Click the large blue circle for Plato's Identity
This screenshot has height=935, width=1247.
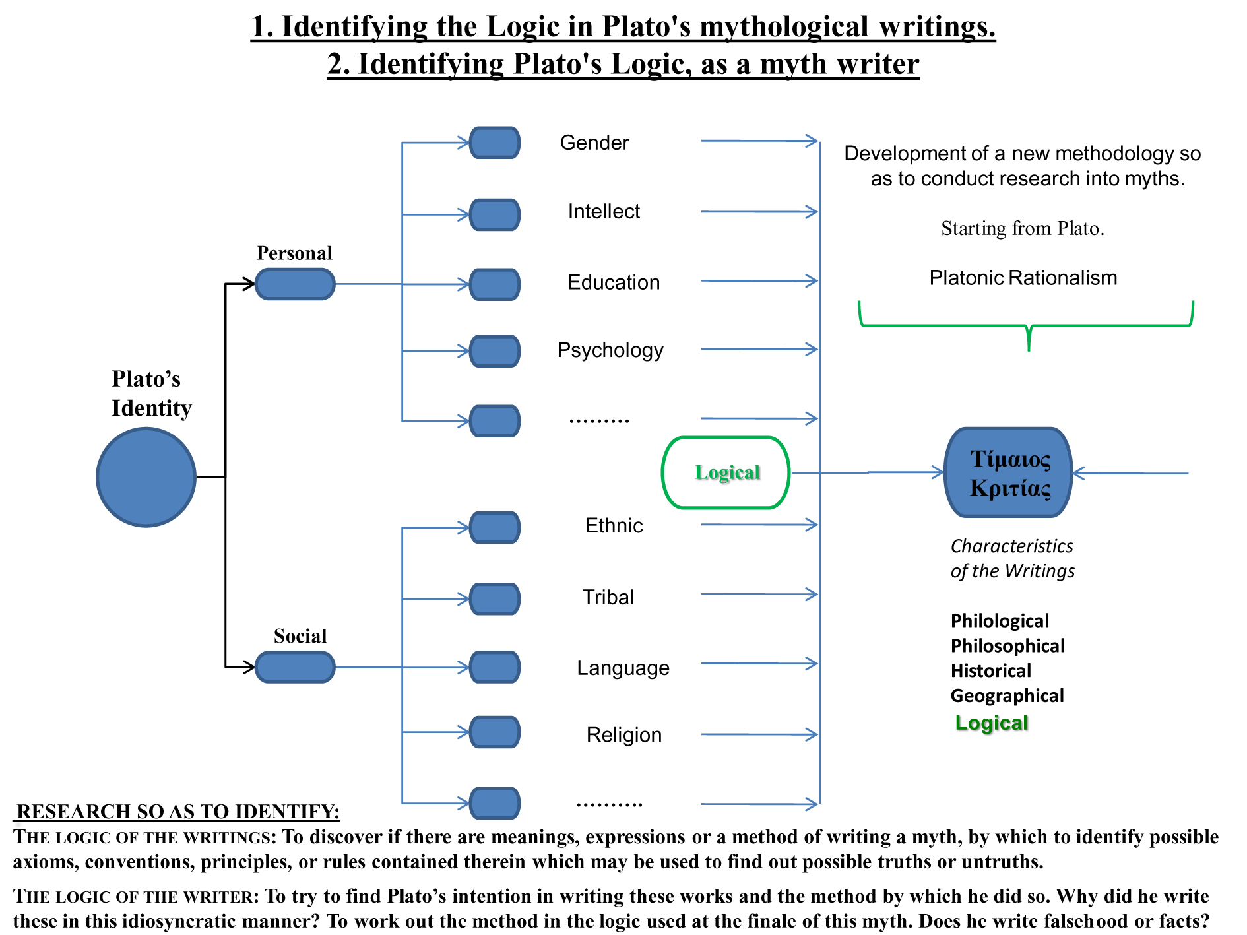(x=146, y=477)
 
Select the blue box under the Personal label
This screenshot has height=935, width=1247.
(x=295, y=284)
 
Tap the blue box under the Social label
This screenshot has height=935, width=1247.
(x=295, y=667)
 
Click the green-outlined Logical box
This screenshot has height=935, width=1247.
(x=726, y=472)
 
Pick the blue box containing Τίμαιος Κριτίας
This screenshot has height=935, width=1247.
(x=1009, y=472)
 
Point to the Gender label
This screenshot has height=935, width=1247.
(x=594, y=143)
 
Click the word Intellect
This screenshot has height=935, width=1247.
(x=604, y=211)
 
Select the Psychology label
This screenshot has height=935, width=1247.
(x=610, y=350)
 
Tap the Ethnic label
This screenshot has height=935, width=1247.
(x=614, y=525)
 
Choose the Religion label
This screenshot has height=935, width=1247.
(x=623, y=734)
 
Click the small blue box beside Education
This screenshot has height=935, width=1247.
(x=495, y=284)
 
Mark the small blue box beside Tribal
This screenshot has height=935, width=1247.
(x=495, y=598)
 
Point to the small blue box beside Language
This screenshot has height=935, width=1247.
(x=495, y=667)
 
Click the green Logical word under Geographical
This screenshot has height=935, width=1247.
(x=991, y=723)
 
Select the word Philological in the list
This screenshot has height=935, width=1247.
(x=1000, y=621)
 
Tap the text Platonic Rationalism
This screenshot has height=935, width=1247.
(x=1023, y=278)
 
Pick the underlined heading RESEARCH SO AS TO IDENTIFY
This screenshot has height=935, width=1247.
(x=177, y=811)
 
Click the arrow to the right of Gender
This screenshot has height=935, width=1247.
(x=759, y=141)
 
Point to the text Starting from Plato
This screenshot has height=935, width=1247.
(x=1023, y=228)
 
